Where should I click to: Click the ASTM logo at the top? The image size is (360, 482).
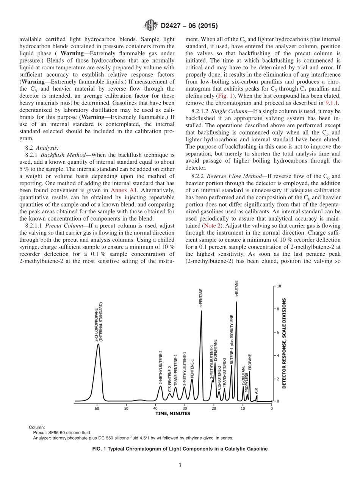click(150, 26)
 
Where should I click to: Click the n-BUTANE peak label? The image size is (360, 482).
click(236, 290)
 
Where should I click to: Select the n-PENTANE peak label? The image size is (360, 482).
click(201, 298)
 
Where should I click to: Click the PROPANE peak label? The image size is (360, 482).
click(250, 362)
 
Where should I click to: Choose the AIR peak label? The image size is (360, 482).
click(257, 390)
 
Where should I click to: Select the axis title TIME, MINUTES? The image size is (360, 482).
click(173, 413)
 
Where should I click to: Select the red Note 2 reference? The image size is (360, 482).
click(211, 225)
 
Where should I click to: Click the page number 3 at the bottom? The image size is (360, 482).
click(180, 465)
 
